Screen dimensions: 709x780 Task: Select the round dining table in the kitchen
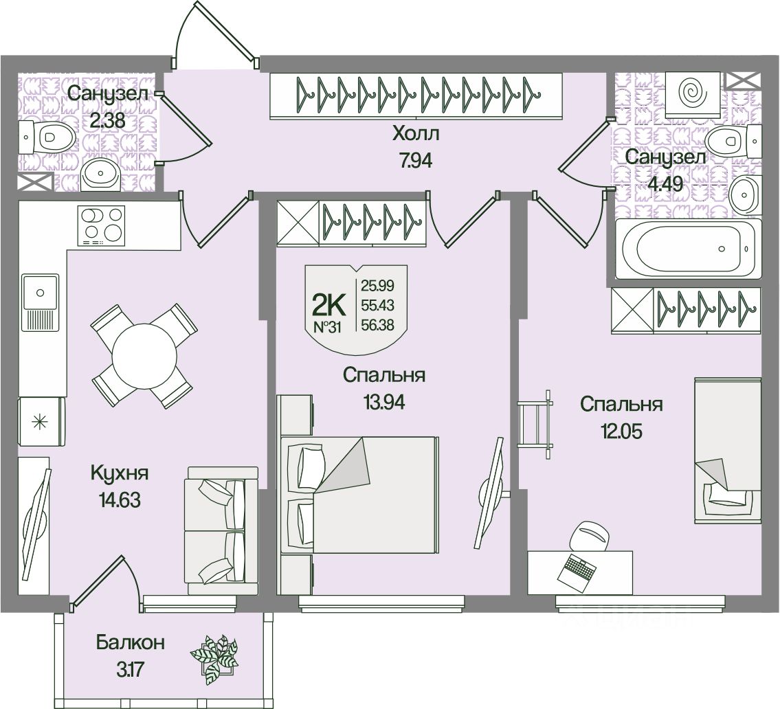point(144,356)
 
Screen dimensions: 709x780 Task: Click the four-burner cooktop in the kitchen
point(102,225)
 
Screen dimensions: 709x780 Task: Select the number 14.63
point(120,500)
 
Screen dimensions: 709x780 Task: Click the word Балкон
point(131,643)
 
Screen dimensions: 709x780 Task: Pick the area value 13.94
point(383,403)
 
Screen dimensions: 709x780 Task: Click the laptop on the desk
point(577,570)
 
